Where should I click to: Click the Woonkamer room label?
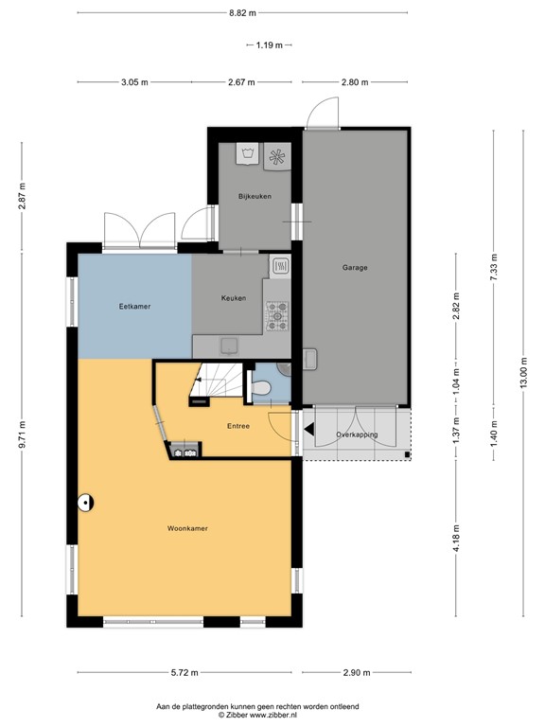click(x=187, y=528)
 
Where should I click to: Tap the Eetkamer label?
click(x=135, y=307)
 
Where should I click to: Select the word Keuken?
click(x=234, y=298)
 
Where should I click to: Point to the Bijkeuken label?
click(x=255, y=197)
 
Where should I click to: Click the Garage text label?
click(x=355, y=268)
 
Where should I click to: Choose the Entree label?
click(x=238, y=426)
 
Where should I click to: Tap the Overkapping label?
click(x=357, y=434)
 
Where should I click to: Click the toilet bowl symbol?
click(x=265, y=386)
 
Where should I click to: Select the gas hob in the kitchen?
click(x=279, y=316)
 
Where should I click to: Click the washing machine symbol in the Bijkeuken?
click(x=249, y=155)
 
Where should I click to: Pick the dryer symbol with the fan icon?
click(x=279, y=156)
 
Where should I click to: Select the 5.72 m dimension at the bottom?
click(x=185, y=673)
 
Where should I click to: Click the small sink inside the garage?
click(x=309, y=358)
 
